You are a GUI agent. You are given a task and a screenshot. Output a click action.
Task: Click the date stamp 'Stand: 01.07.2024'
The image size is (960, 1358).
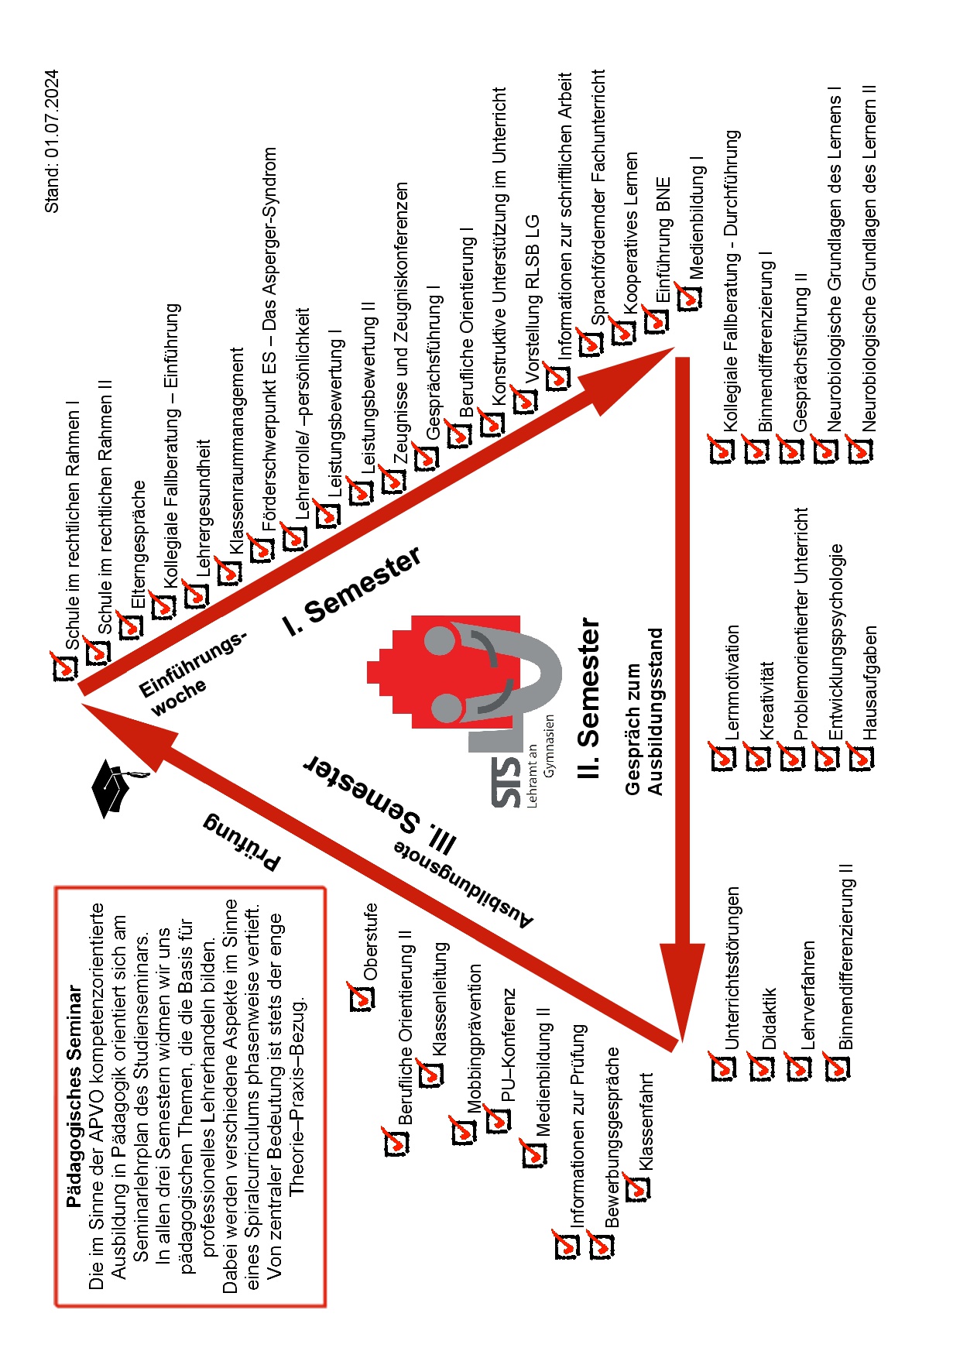click(51, 142)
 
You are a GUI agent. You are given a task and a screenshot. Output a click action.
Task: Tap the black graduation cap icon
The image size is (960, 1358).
click(114, 787)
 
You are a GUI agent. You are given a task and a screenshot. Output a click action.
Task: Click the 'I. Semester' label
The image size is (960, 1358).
click(352, 591)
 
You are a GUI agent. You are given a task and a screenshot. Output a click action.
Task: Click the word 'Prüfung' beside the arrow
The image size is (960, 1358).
click(242, 842)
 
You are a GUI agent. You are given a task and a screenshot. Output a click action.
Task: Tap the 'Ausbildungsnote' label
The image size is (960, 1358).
click(463, 884)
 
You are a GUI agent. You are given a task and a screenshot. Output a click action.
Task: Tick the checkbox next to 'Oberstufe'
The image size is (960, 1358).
click(361, 997)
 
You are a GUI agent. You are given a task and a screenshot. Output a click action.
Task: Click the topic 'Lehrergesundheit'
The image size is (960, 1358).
click(204, 508)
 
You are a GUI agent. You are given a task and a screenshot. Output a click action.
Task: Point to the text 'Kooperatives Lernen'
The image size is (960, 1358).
click(631, 233)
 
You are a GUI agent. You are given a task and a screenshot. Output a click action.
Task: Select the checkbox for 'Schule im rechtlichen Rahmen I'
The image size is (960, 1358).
click(64, 667)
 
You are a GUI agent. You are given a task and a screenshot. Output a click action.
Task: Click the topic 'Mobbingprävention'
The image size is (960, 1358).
click(474, 1038)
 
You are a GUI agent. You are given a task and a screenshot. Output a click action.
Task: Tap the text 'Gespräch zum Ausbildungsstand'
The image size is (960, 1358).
click(644, 712)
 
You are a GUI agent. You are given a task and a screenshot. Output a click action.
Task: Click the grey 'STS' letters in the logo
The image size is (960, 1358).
click(506, 782)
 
